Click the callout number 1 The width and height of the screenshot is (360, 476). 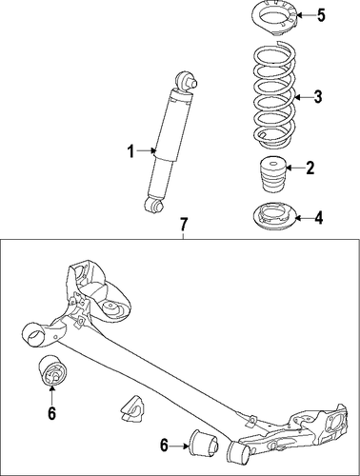(x=130, y=151)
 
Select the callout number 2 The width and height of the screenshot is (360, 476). (x=310, y=168)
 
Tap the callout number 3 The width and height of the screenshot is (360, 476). (x=318, y=96)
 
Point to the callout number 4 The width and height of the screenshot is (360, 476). (x=318, y=218)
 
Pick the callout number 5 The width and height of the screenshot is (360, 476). (x=321, y=15)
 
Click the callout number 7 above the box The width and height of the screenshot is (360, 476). (x=184, y=225)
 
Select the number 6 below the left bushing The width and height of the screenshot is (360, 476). (x=51, y=413)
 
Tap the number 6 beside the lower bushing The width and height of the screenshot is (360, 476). (x=164, y=446)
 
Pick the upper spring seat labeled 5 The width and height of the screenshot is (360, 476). (x=274, y=19)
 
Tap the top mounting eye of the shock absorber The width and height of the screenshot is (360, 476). (x=186, y=82)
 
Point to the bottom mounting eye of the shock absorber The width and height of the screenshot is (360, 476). (x=153, y=204)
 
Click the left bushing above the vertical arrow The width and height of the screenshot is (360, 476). (x=51, y=370)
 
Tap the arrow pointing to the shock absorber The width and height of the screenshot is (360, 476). (x=147, y=151)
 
